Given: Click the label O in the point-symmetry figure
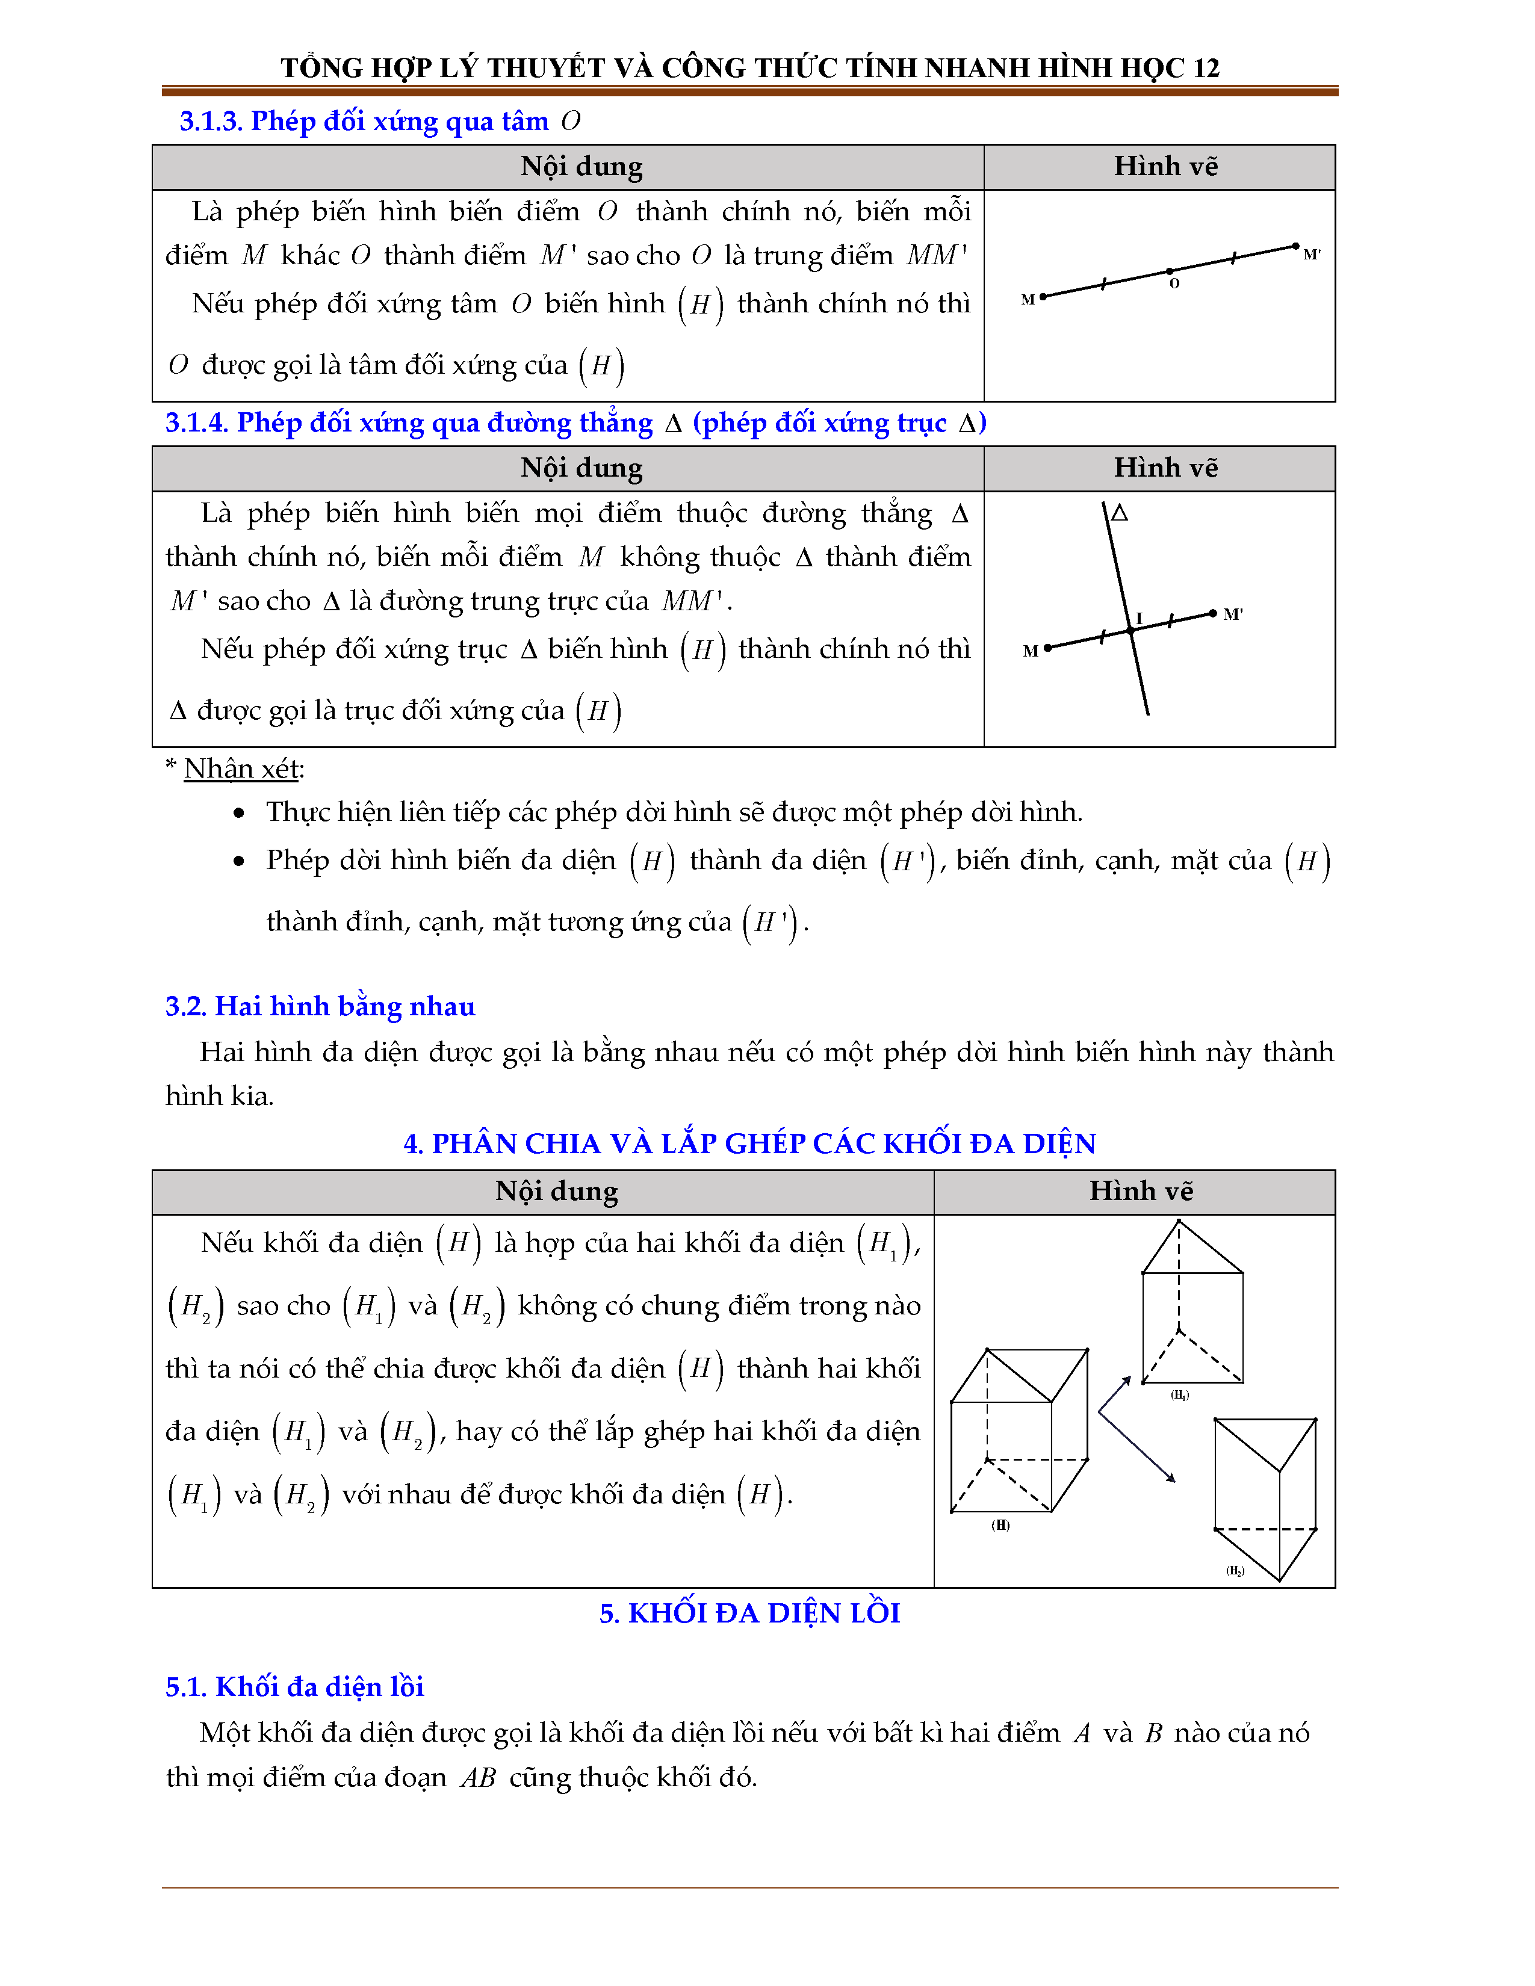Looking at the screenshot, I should point(1174,283).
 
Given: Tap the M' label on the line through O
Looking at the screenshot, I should point(1311,255).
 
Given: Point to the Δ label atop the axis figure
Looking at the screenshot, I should point(1120,513).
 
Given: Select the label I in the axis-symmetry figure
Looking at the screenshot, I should point(1138,618).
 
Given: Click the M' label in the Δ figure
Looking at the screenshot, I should point(1232,614).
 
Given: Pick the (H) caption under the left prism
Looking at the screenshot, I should point(1000,1525).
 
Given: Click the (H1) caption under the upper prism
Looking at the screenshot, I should point(1179,1395).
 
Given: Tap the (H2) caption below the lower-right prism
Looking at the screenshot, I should point(1234,1570).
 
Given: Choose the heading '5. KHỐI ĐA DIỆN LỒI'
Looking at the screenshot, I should point(749,1612).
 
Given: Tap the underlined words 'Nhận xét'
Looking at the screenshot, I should point(241,769).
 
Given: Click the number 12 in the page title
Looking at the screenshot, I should point(1206,68).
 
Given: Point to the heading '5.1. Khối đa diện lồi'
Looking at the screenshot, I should point(294,1687).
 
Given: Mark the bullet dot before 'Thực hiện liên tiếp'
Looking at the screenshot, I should point(239,813).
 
